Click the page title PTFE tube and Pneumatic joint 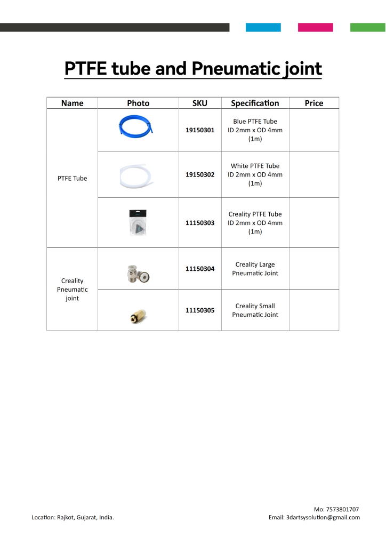point(193,69)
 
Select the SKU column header point(199,103)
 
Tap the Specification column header point(255,103)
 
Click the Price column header point(313,103)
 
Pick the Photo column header point(138,103)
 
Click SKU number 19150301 point(200,130)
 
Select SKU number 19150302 point(200,174)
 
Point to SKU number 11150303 point(200,223)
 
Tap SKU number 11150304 point(200,269)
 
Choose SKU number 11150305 point(200,310)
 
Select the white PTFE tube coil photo point(138,174)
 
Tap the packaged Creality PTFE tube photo point(138,222)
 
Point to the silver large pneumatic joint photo point(138,273)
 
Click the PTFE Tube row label point(72,178)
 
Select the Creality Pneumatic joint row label point(72,290)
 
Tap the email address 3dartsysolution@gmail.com point(323,517)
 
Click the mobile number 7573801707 point(342,509)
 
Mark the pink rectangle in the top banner point(315,27)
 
